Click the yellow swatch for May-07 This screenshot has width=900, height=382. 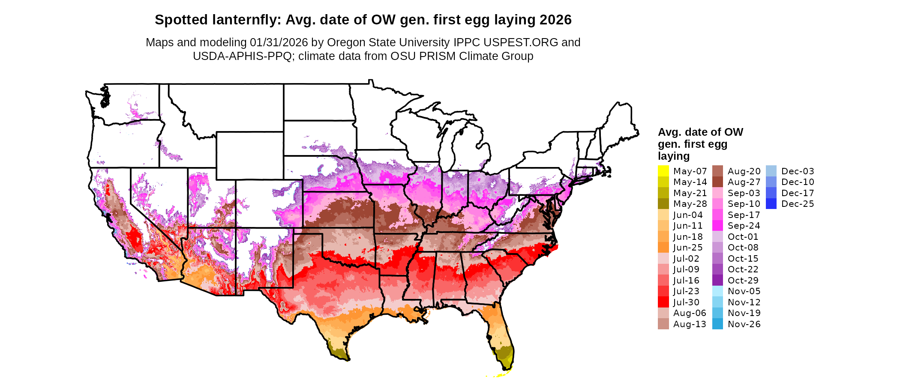tap(663, 171)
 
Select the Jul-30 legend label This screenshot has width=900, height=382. tap(686, 302)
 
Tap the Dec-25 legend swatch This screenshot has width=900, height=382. tap(771, 204)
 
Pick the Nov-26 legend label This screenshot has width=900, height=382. tap(744, 324)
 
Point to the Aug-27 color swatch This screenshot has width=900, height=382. tap(717, 182)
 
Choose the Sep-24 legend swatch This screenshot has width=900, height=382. tap(717, 226)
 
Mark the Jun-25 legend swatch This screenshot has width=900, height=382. tap(663, 248)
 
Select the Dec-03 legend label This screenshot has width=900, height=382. tap(798, 171)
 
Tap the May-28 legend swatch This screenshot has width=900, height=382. tap(663, 204)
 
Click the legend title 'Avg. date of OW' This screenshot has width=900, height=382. tap(700, 132)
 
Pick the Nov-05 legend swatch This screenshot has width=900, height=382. tap(717, 291)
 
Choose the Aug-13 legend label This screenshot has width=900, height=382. tap(690, 324)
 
